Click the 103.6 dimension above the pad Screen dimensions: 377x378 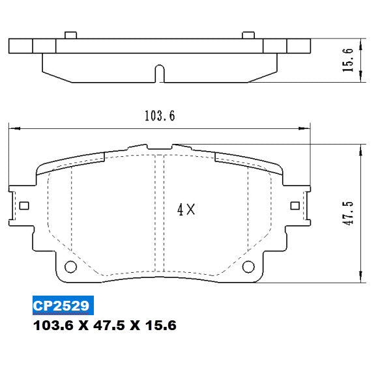[159, 116]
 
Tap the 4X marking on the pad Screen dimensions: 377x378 [186, 210]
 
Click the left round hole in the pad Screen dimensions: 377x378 [70, 266]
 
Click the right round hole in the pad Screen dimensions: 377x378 [248, 266]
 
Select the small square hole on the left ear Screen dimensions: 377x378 [25, 206]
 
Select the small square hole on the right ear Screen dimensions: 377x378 [294, 206]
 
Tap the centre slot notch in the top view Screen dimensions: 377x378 [159, 72]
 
